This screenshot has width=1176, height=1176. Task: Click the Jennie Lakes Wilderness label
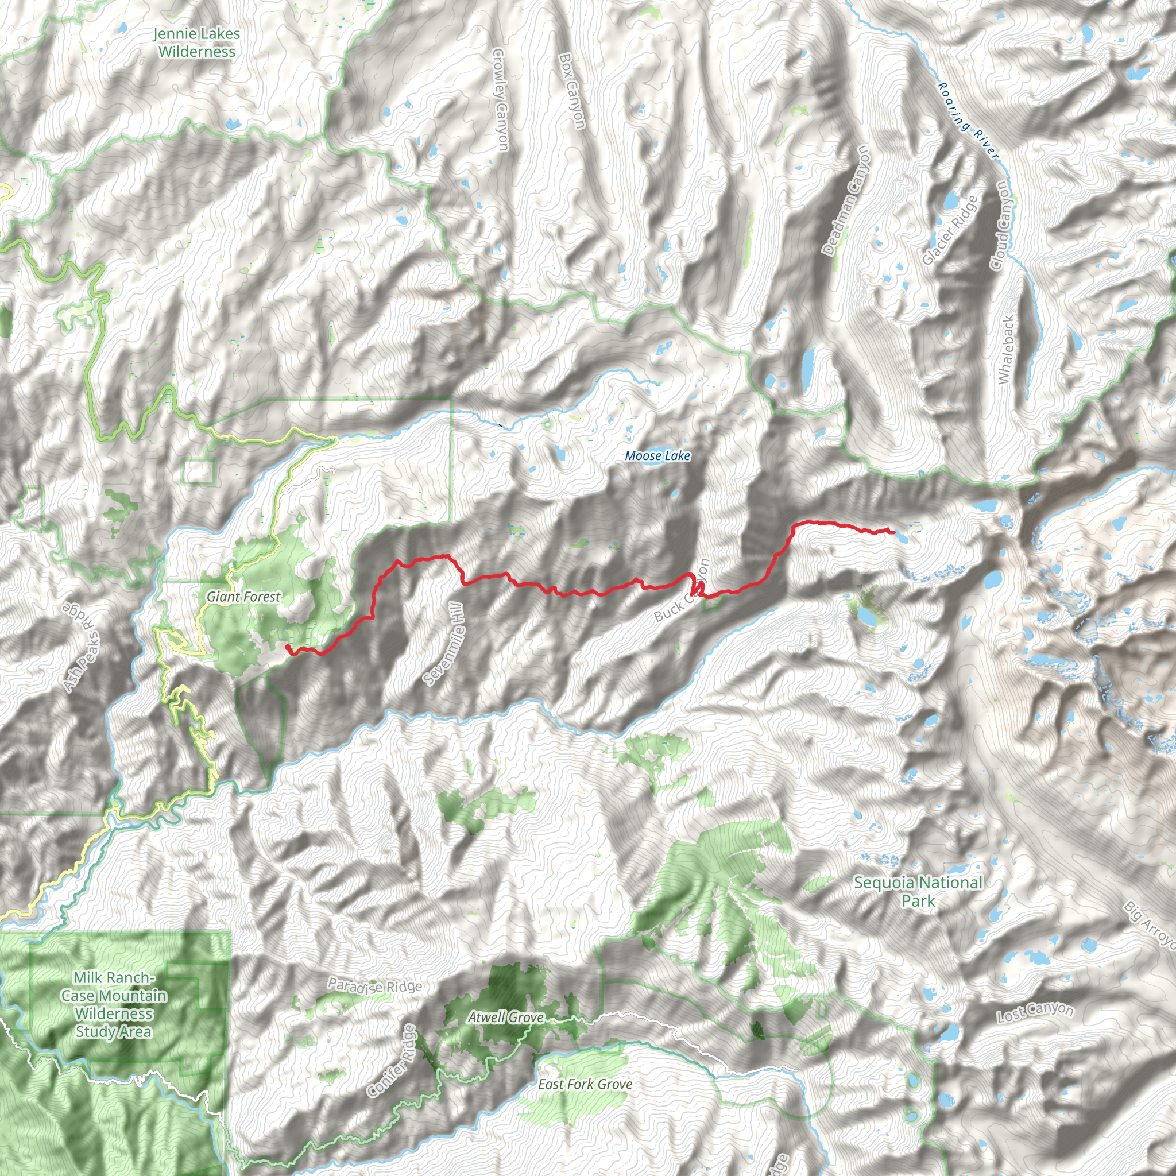pyautogui.click(x=196, y=42)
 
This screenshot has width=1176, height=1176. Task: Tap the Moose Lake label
pyautogui.click(x=657, y=456)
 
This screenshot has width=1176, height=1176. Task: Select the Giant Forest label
pyautogui.click(x=243, y=597)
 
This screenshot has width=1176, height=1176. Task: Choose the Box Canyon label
pyautogui.click(x=572, y=91)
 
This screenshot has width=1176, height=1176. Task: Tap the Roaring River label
pyautogui.click(x=968, y=121)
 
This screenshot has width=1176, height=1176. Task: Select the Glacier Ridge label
pyautogui.click(x=950, y=230)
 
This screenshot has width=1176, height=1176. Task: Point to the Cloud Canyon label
pyautogui.click(x=1003, y=225)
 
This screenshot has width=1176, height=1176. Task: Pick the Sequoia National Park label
pyautogui.click(x=918, y=891)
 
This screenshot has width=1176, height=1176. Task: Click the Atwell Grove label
pyautogui.click(x=506, y=1017)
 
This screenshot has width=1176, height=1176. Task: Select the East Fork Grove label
pyautogui.click(x=585, y=1084)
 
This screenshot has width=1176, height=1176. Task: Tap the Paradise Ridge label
pyautogui.click(x=374, y=985)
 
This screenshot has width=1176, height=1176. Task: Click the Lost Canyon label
pyautogui.click(x=1035, y=1012)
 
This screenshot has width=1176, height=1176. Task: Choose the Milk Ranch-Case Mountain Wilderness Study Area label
pyautogui.click(x=114, y=1004)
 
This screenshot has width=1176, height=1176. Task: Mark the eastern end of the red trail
pyautogui.click(x=893, y=532)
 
